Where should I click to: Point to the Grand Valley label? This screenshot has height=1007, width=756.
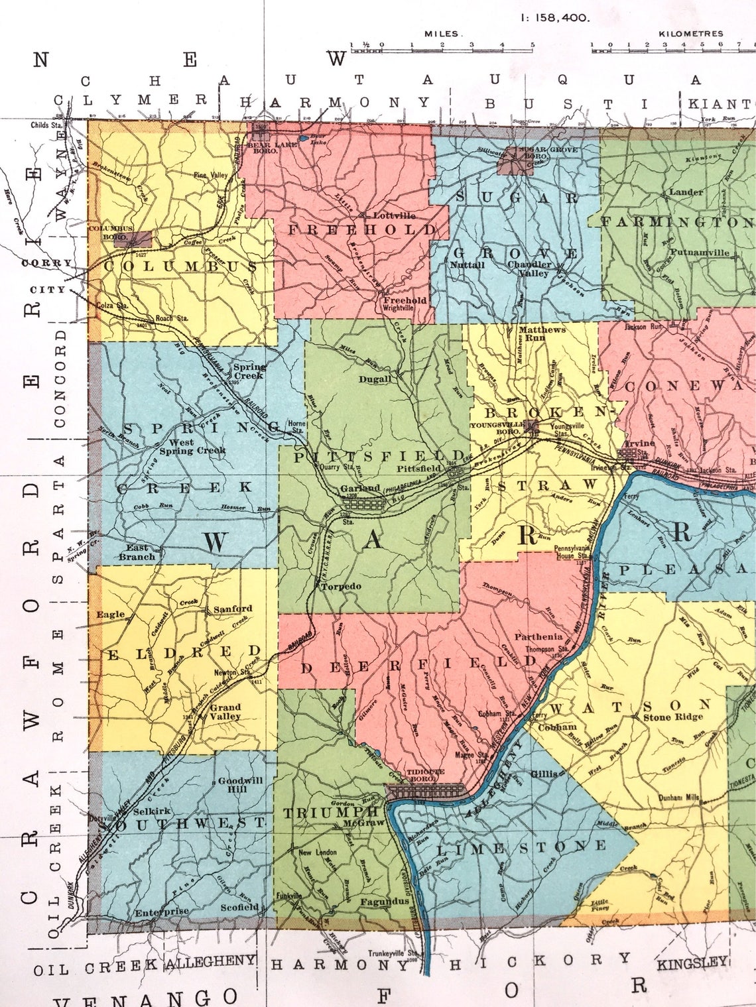(x=225, y=711)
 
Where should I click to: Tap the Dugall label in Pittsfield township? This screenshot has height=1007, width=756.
(x=375, y=380)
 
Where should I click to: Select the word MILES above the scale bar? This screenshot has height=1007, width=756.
(x=444, y=33)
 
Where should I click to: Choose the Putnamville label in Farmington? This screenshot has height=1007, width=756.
(x=699, y=253)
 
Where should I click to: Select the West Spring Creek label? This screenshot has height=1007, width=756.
(x=192, y=446)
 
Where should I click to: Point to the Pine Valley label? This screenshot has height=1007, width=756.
(x=210, y=175)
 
